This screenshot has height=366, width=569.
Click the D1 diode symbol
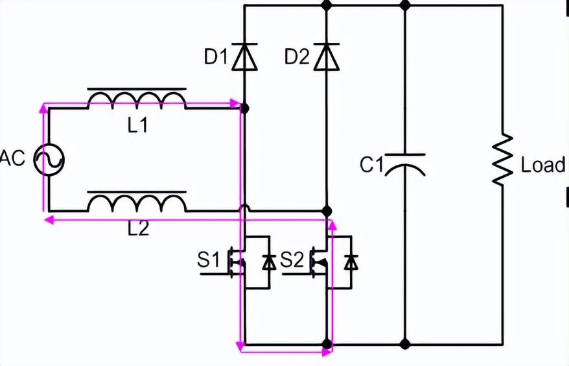tap(244, 57)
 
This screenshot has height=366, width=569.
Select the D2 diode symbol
tap(326, 57)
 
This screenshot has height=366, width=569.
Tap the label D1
tap(216, 58)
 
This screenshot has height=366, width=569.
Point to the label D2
tap(297, 58)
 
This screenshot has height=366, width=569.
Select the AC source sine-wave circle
tap(49, 158)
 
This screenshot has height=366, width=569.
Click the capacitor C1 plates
tap(405, 164)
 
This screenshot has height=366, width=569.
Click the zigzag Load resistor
tap(502, 160)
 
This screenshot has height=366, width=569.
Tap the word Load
tap(543, 165)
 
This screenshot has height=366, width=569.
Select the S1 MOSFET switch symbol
tap(250, 262)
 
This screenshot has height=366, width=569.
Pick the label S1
tap(209, 261)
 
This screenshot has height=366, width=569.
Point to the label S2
tap(292, 261)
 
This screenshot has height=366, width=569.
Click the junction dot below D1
tap(244, 108)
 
